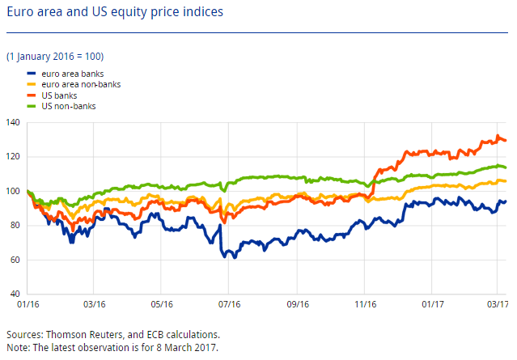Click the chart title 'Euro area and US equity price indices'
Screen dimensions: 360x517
(x=115, y=14)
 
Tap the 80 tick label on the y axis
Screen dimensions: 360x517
(x=15, y=225)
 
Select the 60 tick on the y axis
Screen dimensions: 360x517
(x=15, y=260)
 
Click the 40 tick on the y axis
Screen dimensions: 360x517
(x=15, y=294)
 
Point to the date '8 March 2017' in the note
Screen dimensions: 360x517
(x=184, y=346)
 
